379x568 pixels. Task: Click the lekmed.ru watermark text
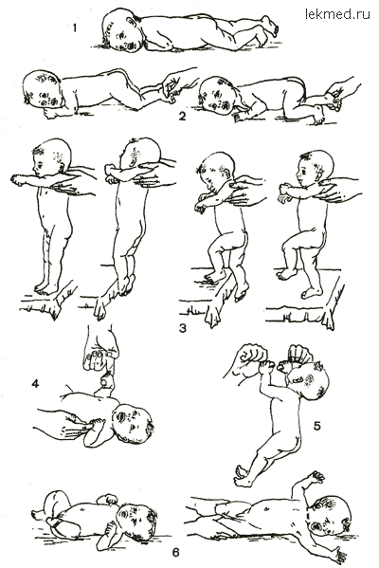click(x=337, y=14)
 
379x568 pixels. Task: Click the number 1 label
click(x=75, y=27)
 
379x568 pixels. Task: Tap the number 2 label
click(x=182, y=117)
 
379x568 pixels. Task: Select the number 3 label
click(x=183, y=328)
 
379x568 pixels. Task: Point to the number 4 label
click(x=35, y=383)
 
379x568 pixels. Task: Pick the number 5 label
click(x=316, y=427)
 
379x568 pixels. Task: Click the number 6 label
click(x=175, y=553)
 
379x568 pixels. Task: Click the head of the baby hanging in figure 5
click(x=309, y=381)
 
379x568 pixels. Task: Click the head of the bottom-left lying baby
click(x=135, y=521)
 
